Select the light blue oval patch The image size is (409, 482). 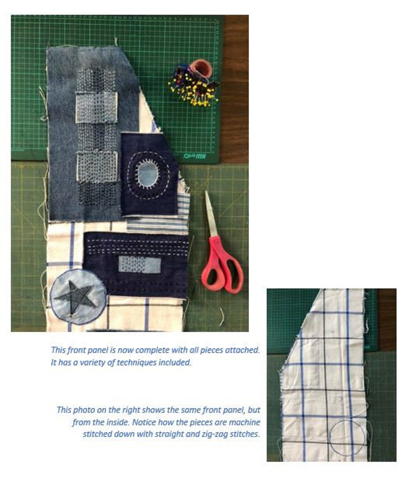148,173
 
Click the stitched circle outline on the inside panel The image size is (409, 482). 347,438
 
